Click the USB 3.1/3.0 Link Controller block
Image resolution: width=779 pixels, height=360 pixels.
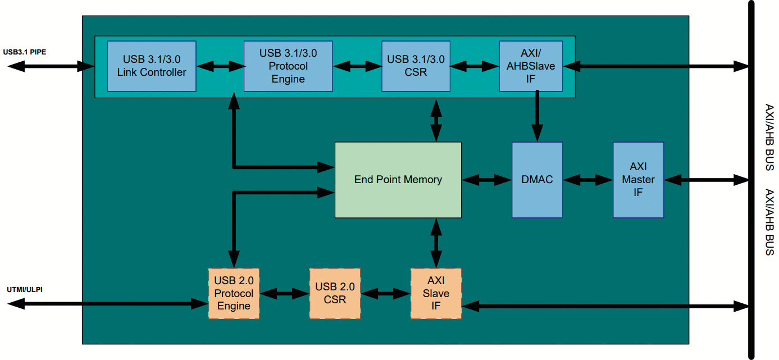[x=152, y=66]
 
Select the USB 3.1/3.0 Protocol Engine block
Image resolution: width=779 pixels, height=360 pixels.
[x=288, y=66]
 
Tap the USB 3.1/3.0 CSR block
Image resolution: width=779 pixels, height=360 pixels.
[x=416, y=66]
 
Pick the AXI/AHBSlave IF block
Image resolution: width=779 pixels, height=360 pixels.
[x=531, y=66]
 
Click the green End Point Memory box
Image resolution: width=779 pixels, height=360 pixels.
[x=398, y=180]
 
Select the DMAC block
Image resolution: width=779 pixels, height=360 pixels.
[x=537, y=180]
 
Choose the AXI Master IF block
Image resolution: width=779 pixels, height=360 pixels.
[x=638, y=180]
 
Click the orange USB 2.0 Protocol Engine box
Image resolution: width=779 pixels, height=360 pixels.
[x=234, y=294]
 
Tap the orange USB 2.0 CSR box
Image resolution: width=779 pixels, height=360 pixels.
[x=335, y=294]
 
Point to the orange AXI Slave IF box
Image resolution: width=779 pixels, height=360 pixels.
[x=436, y=294]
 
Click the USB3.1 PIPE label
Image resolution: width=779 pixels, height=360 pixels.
[x=25, y=52]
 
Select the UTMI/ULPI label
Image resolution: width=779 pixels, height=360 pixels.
[x=25, y=290]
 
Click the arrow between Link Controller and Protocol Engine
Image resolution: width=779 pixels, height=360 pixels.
[x=220, y=66]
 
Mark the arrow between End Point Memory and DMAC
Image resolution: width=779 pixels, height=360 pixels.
[x=486, y=180]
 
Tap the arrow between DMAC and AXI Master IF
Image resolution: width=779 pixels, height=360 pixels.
[x=587, y=180]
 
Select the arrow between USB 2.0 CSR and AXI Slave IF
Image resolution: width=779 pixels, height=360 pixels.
[x=385, y=293]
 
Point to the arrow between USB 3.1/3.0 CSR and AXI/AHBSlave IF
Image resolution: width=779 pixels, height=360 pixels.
[x=475, y=66]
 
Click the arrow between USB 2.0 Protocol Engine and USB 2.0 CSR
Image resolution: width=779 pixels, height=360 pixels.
[x=284, y=293]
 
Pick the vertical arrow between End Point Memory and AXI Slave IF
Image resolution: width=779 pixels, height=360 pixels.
[x=436, y=243]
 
